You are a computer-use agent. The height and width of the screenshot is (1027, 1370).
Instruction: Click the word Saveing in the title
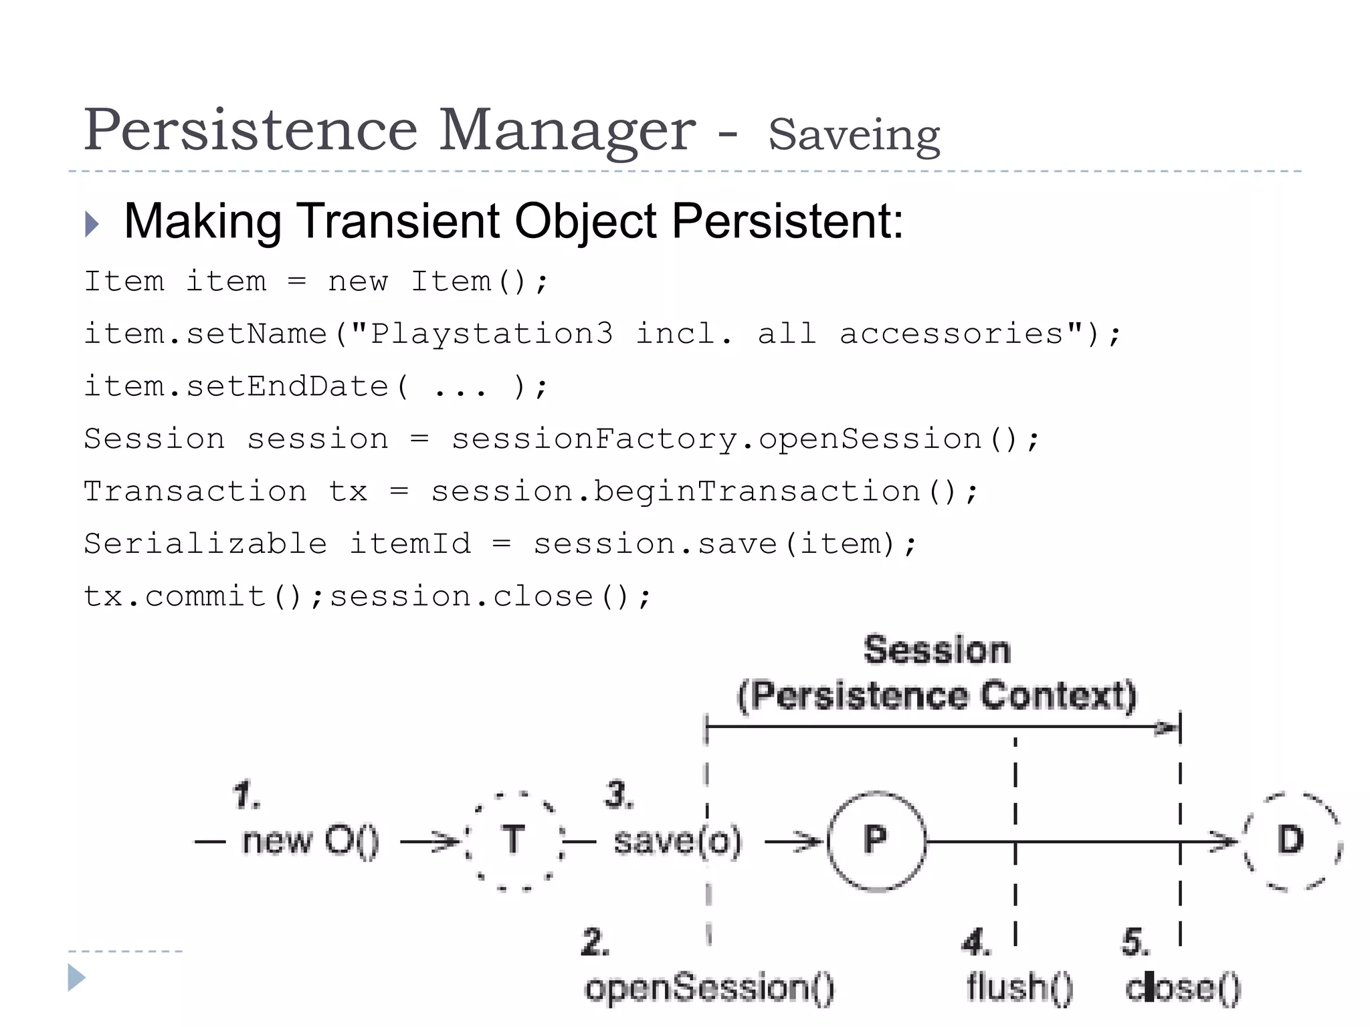pyautogui.click(x=854, y=135)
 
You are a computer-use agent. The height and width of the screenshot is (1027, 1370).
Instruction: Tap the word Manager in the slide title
pyautogui.click(x=567, y=130)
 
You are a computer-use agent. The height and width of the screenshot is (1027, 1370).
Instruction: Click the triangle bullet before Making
pyautogui.click(x=92, y=224)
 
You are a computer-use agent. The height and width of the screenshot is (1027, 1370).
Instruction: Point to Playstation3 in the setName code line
pyautogui.click(x=492, y=333)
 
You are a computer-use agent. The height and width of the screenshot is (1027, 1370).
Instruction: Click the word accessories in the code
pyautogui.click(x=951, y=333)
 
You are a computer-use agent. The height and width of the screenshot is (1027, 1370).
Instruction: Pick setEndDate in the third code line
pyautogui.click(x=287, y=386)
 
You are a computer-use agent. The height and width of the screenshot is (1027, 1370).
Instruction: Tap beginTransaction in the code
pyautogui.click(x=757, y=491)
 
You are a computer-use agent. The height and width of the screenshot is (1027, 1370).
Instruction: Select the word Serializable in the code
pyautogui.click(x=205, y=544)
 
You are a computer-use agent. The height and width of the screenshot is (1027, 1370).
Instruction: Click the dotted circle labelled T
pyautogui.click(x=513, y=840)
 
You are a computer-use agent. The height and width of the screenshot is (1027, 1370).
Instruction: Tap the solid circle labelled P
pyautogui.click(x=876, y=840)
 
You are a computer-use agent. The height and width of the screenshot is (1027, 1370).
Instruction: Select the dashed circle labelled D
pyautogui.click(x=1291, y=840)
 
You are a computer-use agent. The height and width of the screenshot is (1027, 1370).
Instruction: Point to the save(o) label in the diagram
pyautogui.click(x=678, y=841)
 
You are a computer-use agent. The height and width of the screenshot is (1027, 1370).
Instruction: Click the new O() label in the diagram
pyautogui.click(x=310, y=841)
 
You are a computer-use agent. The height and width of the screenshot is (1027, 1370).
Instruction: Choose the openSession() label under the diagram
pyautogui.click(x=710, y=988)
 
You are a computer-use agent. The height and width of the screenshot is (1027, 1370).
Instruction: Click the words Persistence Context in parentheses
pyautogui.click(x=937, y=695)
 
